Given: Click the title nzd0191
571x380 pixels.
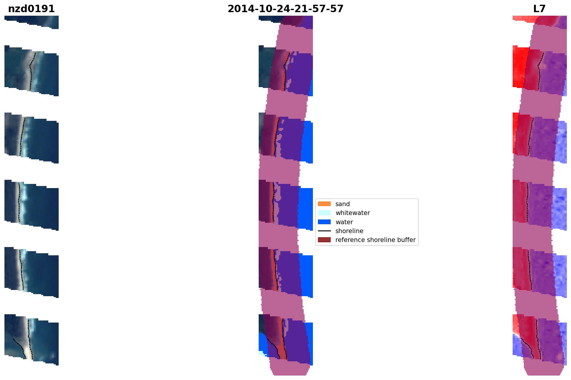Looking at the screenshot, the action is click(31, 9).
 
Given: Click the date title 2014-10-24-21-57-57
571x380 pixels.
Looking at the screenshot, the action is click(285, 9).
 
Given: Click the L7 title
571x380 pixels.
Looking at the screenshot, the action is click(539, 9).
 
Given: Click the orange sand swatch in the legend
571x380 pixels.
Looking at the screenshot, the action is click(324, 204).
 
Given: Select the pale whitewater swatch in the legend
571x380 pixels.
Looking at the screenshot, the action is click(324, 213).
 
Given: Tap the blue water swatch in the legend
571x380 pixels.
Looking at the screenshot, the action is click(324, 222).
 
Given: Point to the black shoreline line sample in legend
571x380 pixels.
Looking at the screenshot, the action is click(324, 231).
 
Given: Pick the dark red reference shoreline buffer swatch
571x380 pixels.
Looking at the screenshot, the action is click(324, 240).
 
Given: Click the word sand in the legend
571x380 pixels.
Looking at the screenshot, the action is click(343, 204).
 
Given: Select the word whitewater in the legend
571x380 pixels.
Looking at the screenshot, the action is click(353, 213).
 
